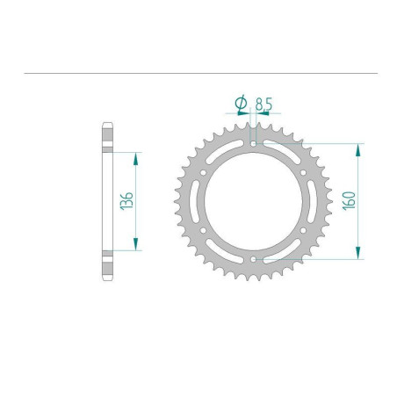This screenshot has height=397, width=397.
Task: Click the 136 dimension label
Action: [x=126, y=201]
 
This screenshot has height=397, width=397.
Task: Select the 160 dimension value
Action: [x=349, y=201]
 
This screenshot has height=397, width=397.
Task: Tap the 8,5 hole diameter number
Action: [x=263, y=104]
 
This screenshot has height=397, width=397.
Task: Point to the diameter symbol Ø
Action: [x=242, y=103]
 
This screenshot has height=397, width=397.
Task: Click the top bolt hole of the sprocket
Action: [x=253, y=144]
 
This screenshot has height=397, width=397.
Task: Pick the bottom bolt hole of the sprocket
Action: [x=254, y=259]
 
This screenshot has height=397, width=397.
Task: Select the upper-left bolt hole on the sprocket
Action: [x=203, y=173]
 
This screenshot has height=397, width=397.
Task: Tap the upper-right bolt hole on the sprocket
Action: [x=303, y=173]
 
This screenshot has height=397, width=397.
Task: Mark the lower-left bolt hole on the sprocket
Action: [x=203, y=231]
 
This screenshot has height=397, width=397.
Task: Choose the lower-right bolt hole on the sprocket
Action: [x=303, y=231]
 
